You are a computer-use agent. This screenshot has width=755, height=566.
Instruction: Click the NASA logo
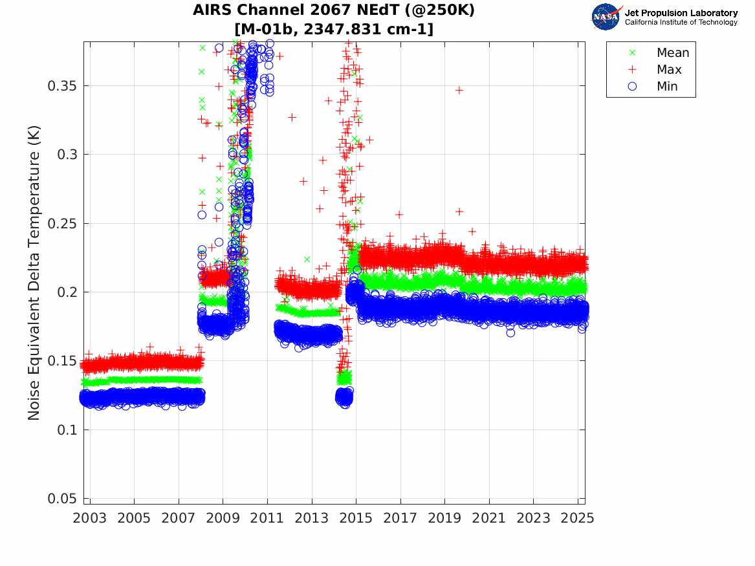click(x=606, y=16)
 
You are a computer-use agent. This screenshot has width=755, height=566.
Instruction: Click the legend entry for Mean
click(x=673, y=53)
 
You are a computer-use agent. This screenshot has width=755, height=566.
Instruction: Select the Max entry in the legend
click(x=669, y=70)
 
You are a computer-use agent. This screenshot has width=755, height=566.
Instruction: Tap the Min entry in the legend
click(x=667, y=86)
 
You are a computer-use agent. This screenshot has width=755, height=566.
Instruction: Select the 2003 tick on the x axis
click(x=89, y=518)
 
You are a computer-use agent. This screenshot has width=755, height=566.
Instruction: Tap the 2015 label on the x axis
click(x=356, y=518)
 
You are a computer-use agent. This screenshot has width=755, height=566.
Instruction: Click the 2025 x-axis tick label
click(x=578, y=518)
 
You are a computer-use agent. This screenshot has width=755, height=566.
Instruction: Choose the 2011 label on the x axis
click(x=267, y=518)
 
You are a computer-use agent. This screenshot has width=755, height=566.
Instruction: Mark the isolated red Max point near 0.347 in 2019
click(x=459, y=90)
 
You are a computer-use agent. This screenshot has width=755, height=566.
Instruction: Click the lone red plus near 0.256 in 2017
click(x=399, y=215)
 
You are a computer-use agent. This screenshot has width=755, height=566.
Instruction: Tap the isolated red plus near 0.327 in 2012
click(x=292, y=118)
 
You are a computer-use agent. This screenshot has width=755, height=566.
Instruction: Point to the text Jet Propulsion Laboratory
click(x=681, y=13)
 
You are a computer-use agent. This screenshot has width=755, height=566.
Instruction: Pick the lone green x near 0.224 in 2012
click(x=307, y=259)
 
